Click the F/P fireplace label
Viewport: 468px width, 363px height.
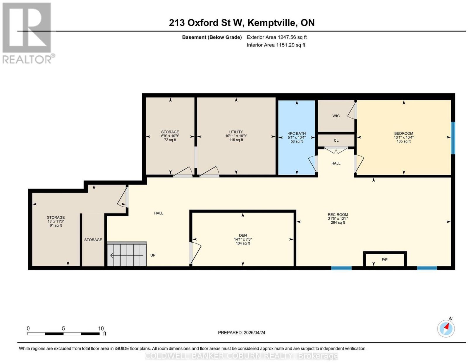point(384,259)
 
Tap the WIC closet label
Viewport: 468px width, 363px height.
point(336,116)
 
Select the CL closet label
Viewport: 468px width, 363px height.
point(336,140)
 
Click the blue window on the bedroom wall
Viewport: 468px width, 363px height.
point(453,138)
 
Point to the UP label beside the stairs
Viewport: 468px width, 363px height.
point(153,255)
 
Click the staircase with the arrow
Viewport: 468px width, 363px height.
point(127,254)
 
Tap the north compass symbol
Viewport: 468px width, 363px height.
point(446,329)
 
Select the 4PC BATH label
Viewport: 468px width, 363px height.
point(297,133)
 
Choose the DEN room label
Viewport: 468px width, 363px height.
point(243,235)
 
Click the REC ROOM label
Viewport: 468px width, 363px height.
point(338,214)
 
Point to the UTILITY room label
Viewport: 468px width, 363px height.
point(236,132)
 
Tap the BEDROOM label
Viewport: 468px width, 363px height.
point(404,133)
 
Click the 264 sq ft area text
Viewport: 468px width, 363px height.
point(338,223)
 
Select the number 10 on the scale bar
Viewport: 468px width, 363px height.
point(101,329)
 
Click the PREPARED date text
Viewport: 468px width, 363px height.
point(241,332)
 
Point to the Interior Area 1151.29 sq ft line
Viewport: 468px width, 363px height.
point(276,45)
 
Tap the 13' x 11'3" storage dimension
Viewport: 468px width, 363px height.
point(56,221)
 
